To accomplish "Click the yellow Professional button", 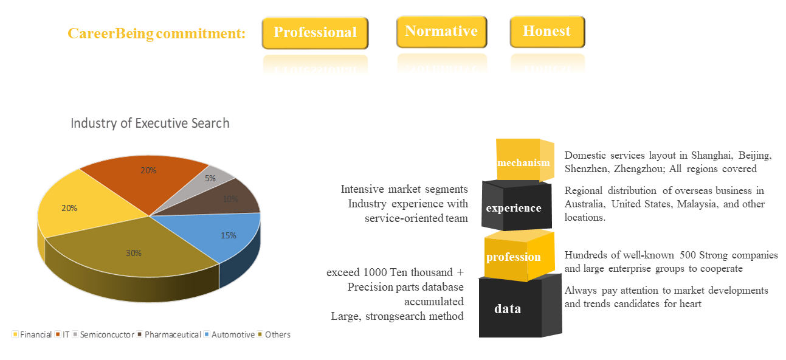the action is click(x=315, y=33).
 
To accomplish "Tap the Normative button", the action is click(x=441, y=32).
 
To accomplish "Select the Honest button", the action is click(x=547, y=32).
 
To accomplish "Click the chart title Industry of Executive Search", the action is click(x=150, y=123).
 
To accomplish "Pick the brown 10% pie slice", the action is click(x=228, y=198).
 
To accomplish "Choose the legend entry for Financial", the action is click(x=32, y=334).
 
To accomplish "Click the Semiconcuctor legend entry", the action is click(x=103, y=334).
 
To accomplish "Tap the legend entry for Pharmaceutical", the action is click(x=169, y=334).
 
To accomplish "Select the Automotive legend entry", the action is click(x=230, y=334).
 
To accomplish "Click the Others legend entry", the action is click(x=274, y=334).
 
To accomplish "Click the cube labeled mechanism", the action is click(x=525, y=160).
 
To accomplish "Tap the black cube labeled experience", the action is click(x=517, y=206).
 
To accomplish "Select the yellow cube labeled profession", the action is click(x=519, y=256).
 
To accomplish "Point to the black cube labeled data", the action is click(x=520, y=306).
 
